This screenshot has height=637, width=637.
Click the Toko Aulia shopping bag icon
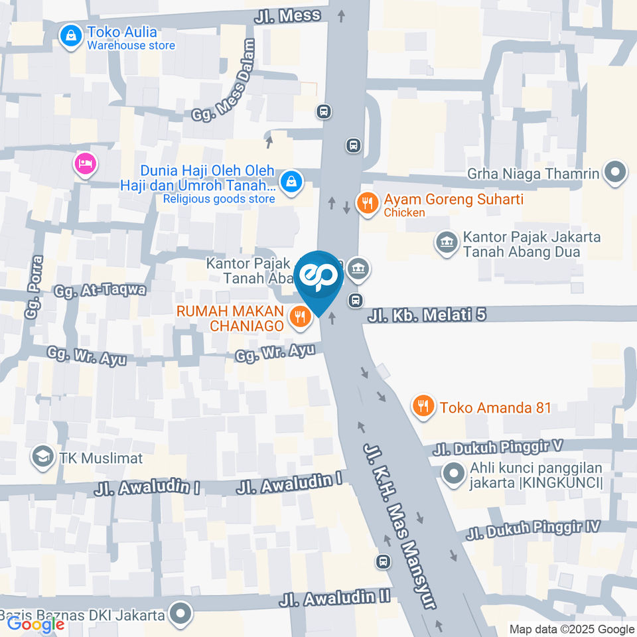pos(69,37)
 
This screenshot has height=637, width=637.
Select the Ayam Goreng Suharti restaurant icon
pos(367,204)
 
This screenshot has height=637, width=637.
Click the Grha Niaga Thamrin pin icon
pos(616,174)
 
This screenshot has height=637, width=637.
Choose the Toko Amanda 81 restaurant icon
pos(423,406)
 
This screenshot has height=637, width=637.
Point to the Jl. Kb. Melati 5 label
pos(427,315)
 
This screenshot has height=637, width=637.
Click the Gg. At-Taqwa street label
pos(100,290)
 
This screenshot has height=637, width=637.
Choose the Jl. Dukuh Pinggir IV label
pos(533,530)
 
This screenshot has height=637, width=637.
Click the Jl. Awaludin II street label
pos(334,599)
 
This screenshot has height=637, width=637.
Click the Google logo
pos(35,624)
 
